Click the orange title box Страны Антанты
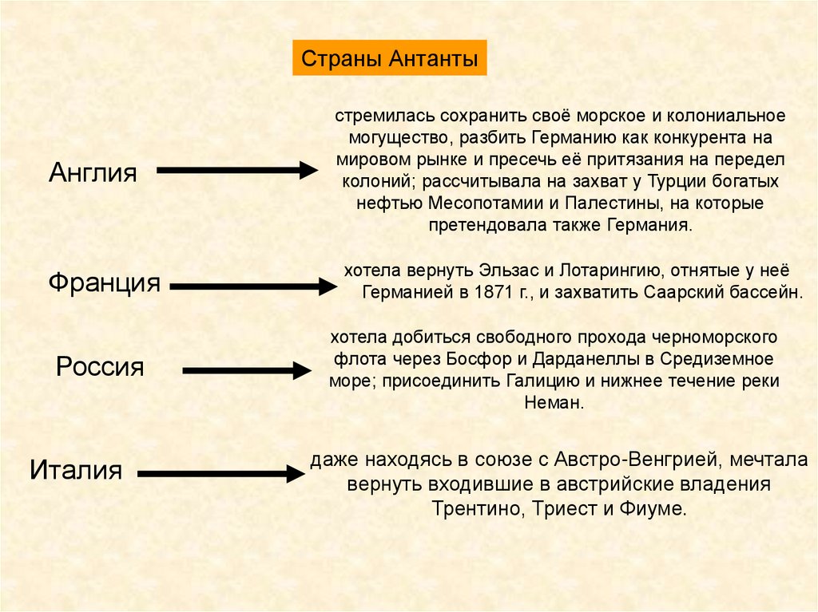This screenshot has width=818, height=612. tap(389, 60)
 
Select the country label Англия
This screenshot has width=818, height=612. tap(93, 172)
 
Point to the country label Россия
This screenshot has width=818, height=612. tap(100, 367)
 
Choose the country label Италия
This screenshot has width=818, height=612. tap(76, 468)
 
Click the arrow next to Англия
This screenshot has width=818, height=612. tap(237, 170)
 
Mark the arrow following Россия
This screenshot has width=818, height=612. tap(246, 370)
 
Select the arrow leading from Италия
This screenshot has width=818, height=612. tap(220, 474)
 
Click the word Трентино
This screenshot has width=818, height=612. tap(474, 508)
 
